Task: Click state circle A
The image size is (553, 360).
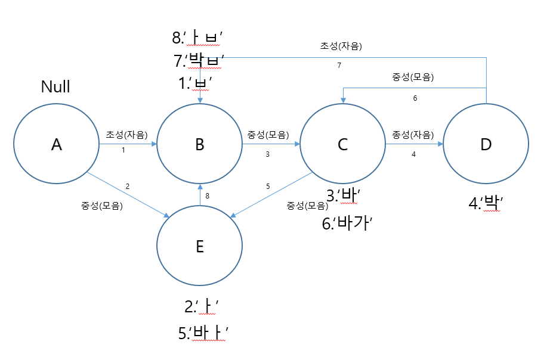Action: click(x=57, y=144)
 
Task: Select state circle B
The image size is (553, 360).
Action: click(x=199, y=144)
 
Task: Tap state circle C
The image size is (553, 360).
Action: click(x=342, y=144)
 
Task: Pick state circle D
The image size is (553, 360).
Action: click(x=486, y=144)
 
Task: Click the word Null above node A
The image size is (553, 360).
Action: click(x=55, y=86)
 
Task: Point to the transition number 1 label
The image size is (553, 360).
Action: click(x=123, y=150)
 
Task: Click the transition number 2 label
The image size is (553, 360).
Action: click(x=128, y=187)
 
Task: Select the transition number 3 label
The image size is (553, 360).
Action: click(x=267, y=154)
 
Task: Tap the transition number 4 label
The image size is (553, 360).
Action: click(x=413, y=154)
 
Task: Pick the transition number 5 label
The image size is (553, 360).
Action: click(x=268, y=187)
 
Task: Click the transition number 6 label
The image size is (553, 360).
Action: click(x=415, y=98)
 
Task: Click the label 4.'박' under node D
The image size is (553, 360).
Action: click(x=487, y=203)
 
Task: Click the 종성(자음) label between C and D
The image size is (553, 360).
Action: click(x=413, y=135)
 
